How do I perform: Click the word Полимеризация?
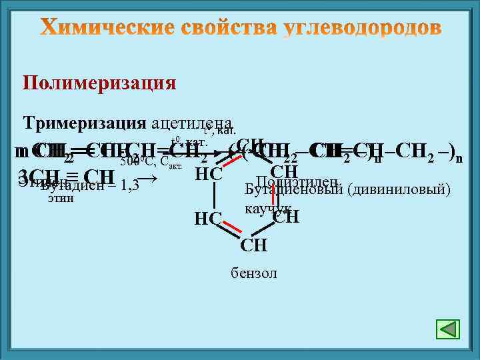99,83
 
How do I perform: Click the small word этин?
61,198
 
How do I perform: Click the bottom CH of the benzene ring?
254,245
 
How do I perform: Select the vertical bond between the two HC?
214,197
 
